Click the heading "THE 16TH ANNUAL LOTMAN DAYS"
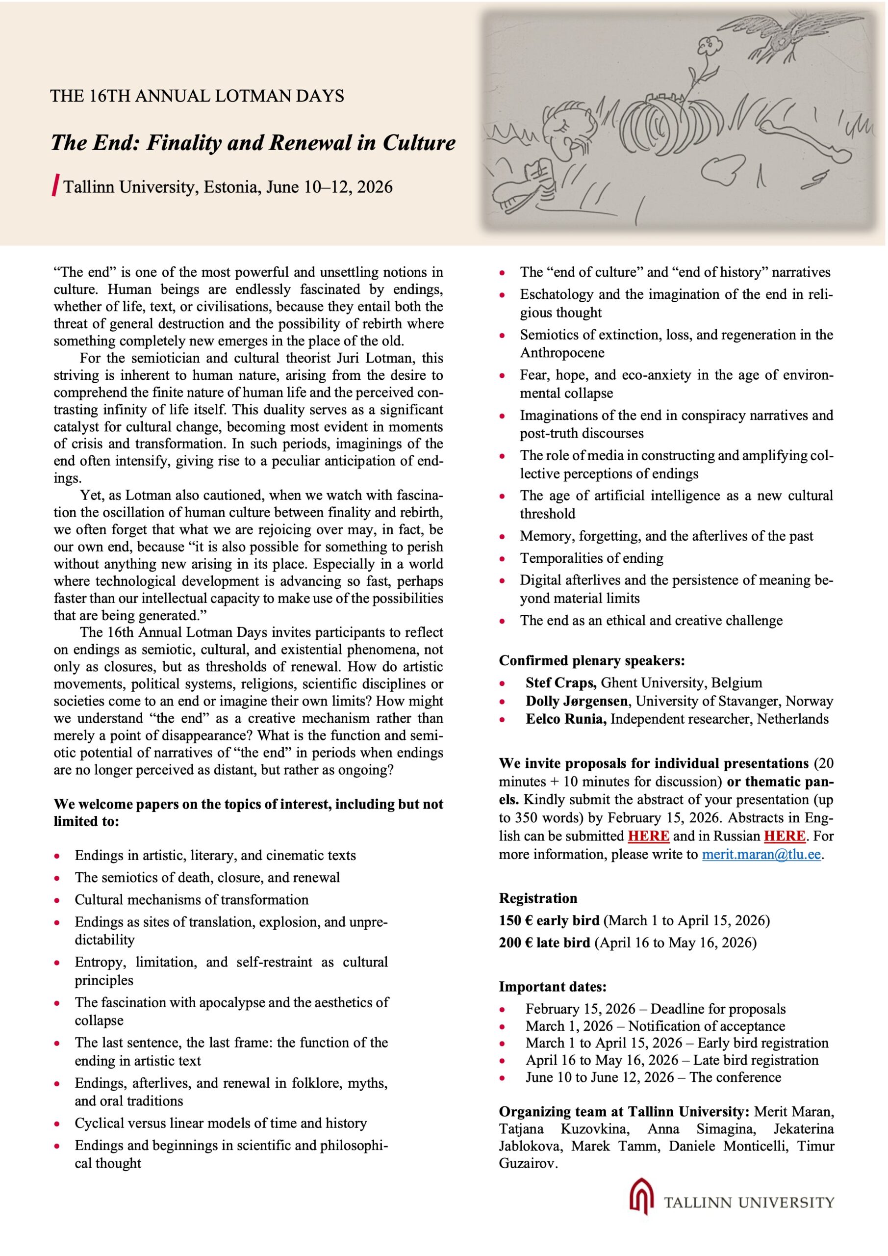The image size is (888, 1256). (197, 96)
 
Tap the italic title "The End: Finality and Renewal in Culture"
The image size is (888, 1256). (253, 143)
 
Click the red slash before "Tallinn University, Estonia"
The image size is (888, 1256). (55, 186)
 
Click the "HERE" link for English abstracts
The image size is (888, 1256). (649, 836)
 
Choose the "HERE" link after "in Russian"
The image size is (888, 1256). (784, 836)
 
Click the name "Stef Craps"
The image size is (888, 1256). (560, 682)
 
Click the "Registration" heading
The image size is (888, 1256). (537, 898)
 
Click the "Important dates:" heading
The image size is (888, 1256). (552, 986)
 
